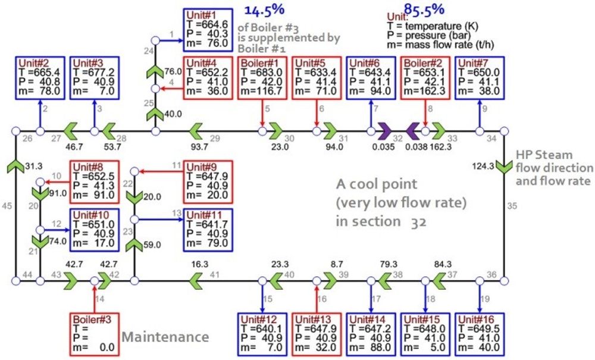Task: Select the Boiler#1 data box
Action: pyautogui.click(x=262, y=77)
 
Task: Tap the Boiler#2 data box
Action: pyautogui.click(x=425, y=77)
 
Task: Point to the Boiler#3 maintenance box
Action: pyautogui.click(x=94, y=333)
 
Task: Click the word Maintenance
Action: pyautogui.click(x=165, y=337)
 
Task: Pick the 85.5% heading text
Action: pyautogui.click(x=424, y=8)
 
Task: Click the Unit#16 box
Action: pyautogui.click(x=480, y=333)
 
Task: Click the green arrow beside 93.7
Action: pyautogui.click(x=196, y=131)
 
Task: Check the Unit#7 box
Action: pyautogui.click(x=480, y=77)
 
